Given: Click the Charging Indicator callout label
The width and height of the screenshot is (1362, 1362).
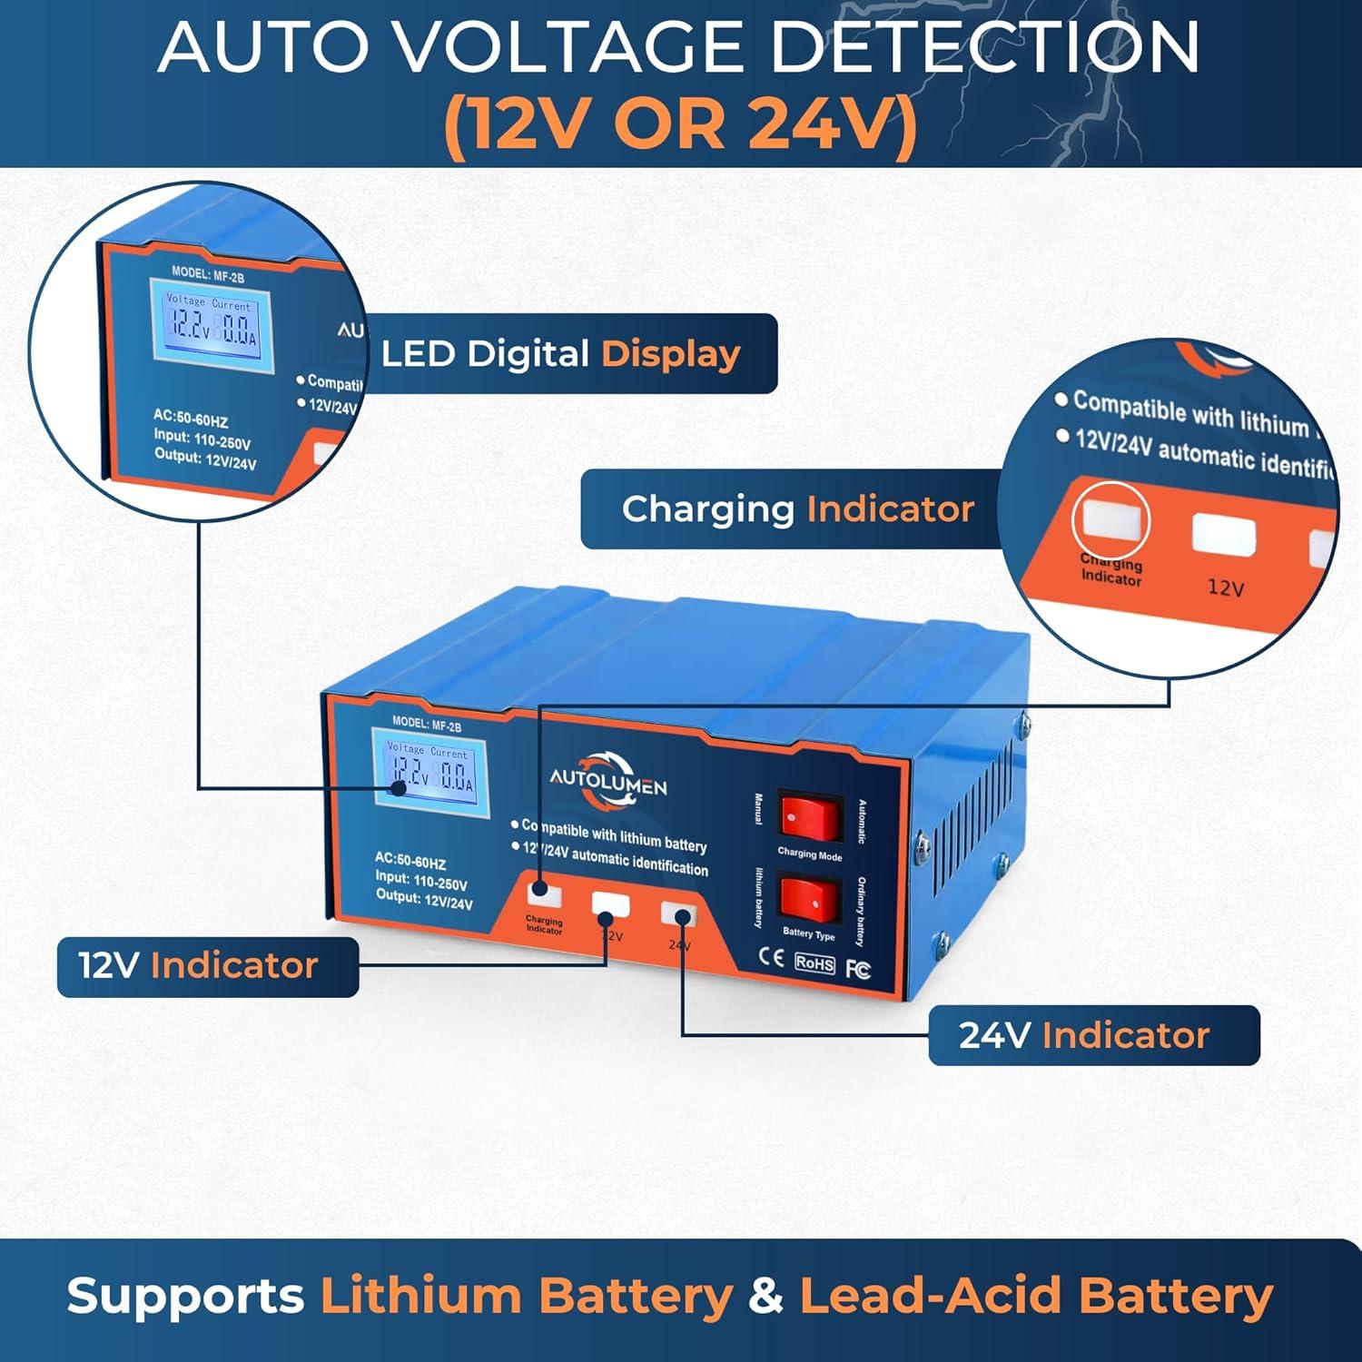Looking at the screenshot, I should coord(797,508).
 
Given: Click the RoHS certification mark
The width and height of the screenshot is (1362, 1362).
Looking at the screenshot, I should coord(814,963).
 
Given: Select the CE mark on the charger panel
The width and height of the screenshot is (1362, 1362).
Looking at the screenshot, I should coord(771,957).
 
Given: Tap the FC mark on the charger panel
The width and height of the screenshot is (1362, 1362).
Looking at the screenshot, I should coord(858,969).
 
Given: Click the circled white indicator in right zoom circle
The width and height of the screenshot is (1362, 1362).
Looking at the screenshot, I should coord(1110,520).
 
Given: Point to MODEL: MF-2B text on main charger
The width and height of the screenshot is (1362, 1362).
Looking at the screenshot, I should coord(427,724).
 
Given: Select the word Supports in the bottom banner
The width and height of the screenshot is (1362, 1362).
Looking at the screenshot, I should coord(185,1297).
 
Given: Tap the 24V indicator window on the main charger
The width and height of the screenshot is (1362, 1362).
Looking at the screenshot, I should coord(678,913).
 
